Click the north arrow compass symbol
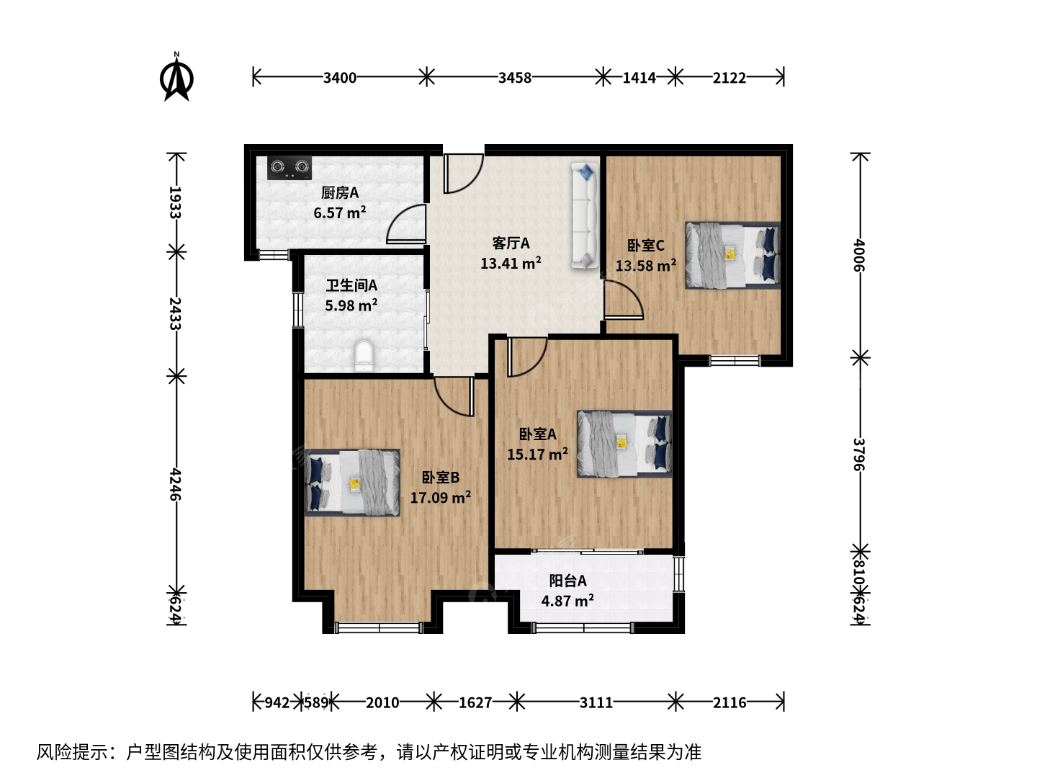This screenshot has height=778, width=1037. coord(176,76)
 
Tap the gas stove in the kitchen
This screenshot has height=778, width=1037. coord(289,168)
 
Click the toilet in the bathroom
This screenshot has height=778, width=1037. coord(364,356)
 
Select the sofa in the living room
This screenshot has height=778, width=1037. coord(585,216)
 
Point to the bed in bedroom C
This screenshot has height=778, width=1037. coord(732,255)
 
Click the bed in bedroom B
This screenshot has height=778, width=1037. coord(352,483)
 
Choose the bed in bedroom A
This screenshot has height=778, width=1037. coord(624,444)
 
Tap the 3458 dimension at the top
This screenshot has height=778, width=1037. coord(514,78)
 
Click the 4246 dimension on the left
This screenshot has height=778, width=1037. coord(175,484)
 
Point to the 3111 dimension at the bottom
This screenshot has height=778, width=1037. coord(596,703)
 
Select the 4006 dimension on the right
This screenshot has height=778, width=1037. coord(858,256)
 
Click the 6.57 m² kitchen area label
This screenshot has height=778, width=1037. coord(340,213)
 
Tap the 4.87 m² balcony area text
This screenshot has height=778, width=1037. coord(567,601)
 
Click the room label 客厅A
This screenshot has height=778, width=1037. coord(511,243)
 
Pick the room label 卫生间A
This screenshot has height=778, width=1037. coord(351,285)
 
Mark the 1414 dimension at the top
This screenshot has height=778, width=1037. coord(639,78)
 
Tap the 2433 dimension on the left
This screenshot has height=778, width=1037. coord(175,313)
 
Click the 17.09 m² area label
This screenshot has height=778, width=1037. coord(440,497)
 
